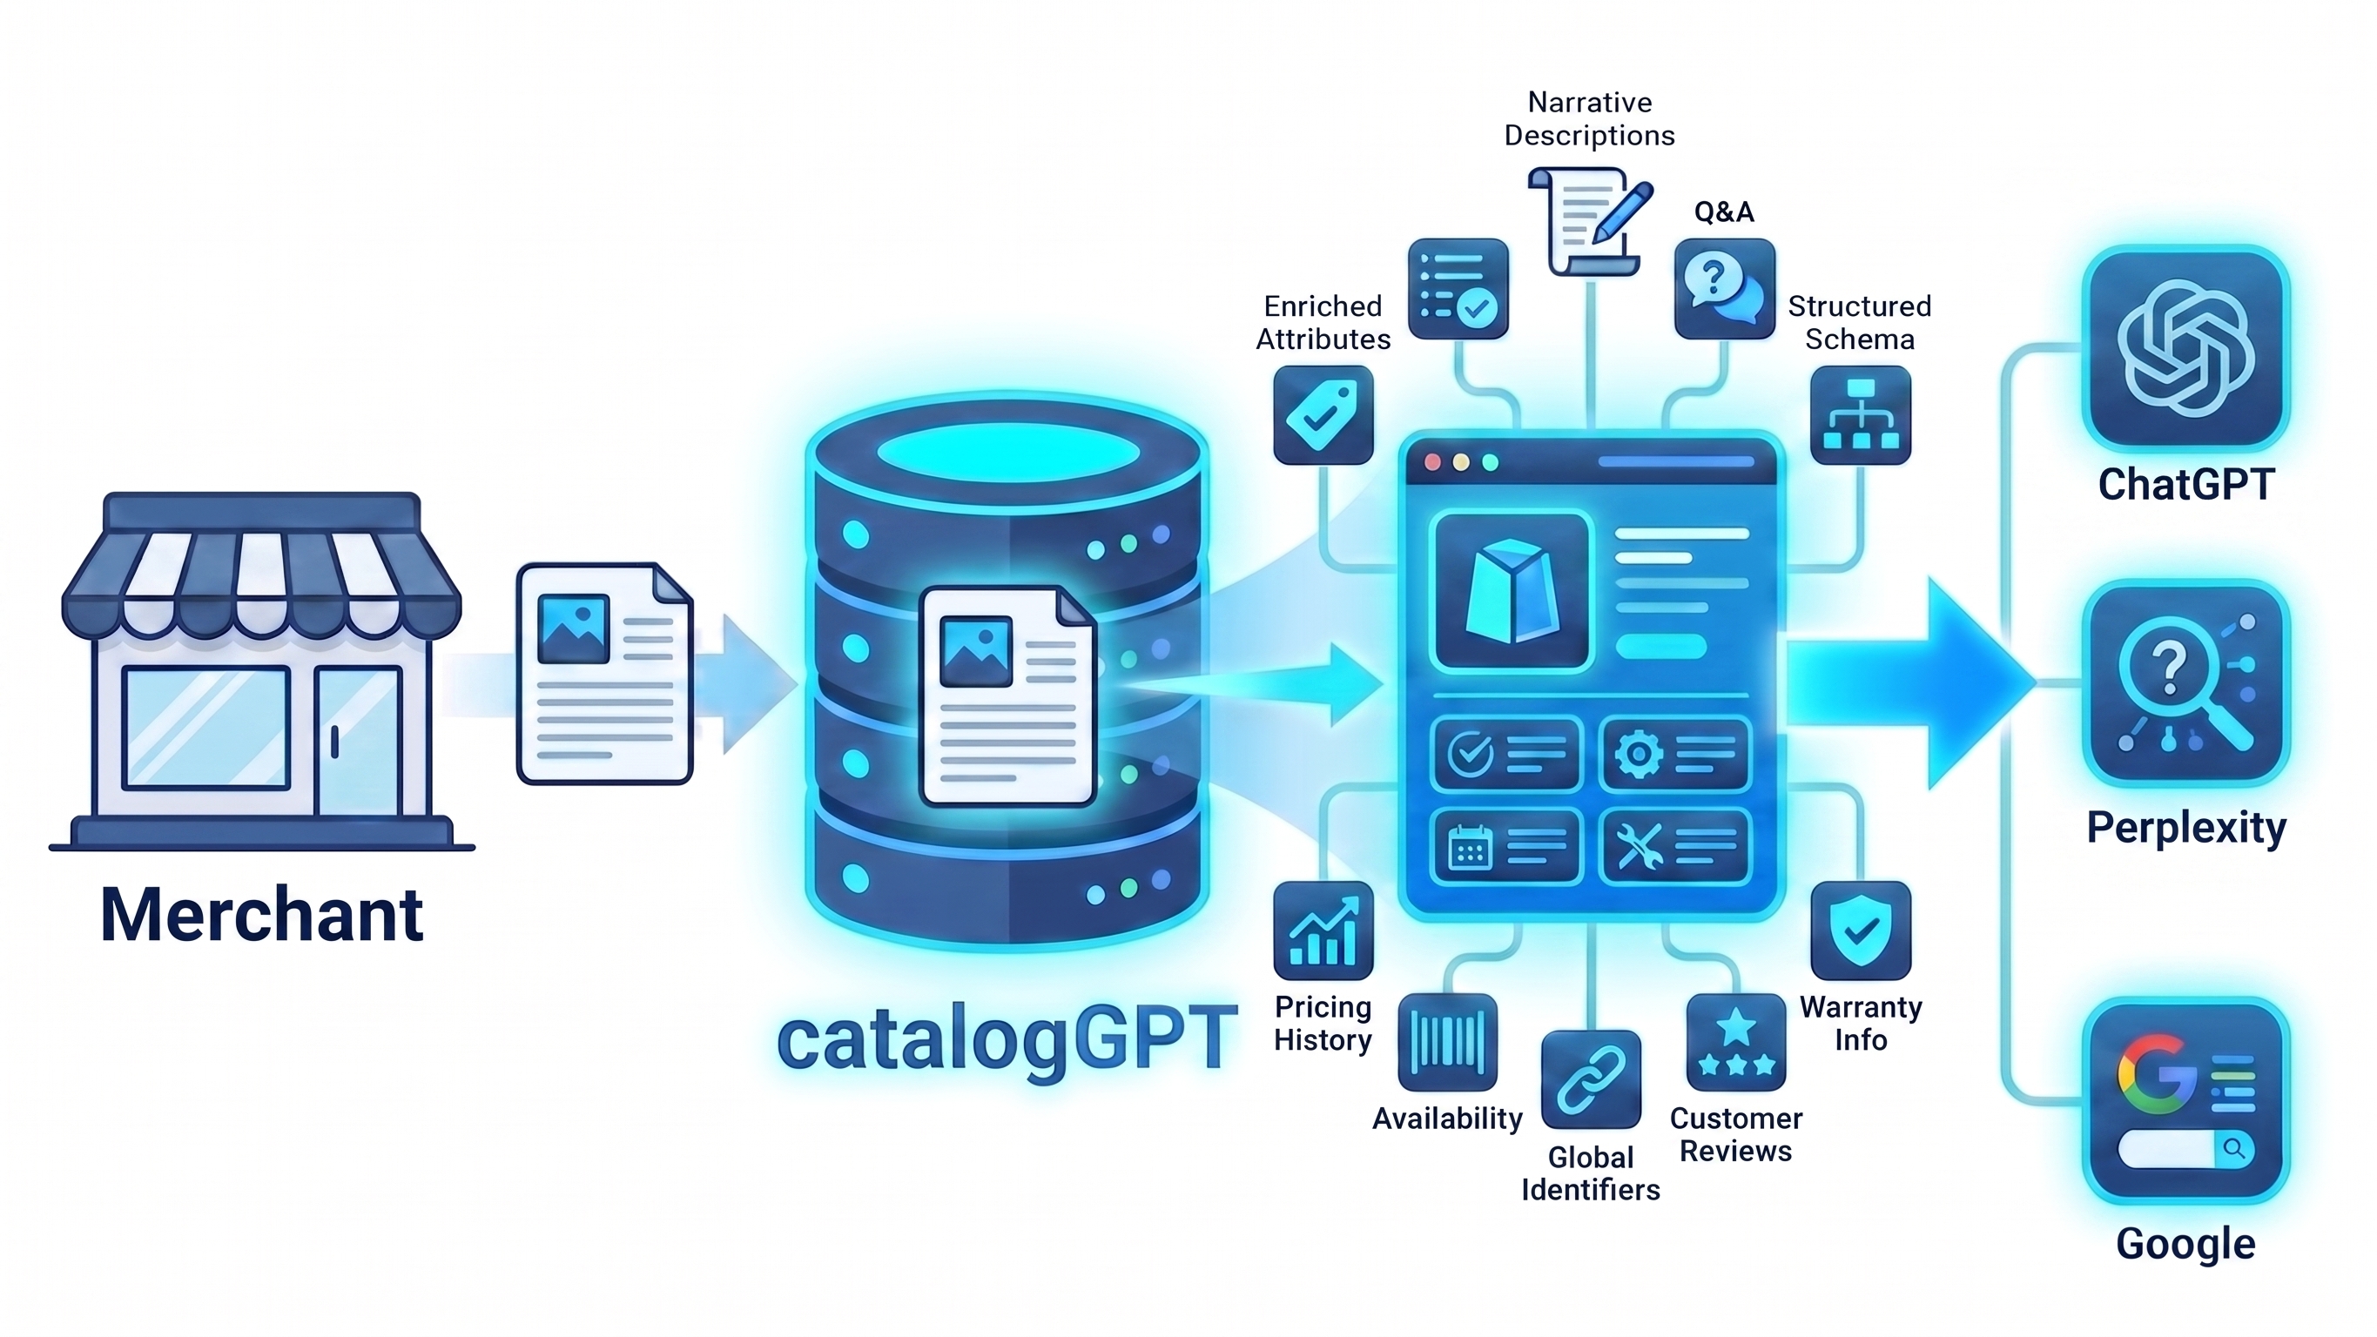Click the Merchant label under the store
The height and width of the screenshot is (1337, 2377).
coord(262,915)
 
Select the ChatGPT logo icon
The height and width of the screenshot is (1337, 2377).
coord(2186,348)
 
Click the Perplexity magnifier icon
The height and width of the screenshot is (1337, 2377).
coord(2186,682)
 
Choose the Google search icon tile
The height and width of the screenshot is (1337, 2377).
coord(2186,1100)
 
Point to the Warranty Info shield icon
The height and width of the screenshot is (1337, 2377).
coord(1861,931)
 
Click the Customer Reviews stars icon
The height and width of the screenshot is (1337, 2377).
coord(1735,1043)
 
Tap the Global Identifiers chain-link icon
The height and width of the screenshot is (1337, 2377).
coord(1591,1079)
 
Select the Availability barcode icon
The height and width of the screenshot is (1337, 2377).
coord(1447,1043)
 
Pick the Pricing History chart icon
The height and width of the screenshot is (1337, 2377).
coord(1323,931)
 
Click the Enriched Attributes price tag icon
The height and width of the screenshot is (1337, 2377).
coord(1323,415)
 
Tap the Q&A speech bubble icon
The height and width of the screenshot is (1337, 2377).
coord(1725,289)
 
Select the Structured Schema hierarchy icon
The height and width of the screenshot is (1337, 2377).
coord(1861,415)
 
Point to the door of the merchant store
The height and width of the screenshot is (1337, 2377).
coord(359,741)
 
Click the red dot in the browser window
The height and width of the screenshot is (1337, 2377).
coord(1432,462)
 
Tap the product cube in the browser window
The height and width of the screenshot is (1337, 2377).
coord(1512,591)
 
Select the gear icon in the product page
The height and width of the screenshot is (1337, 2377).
coord(1638,755)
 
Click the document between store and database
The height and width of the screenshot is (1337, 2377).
coord(604,674)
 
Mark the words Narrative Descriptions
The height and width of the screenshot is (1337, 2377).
coord(1590,119)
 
